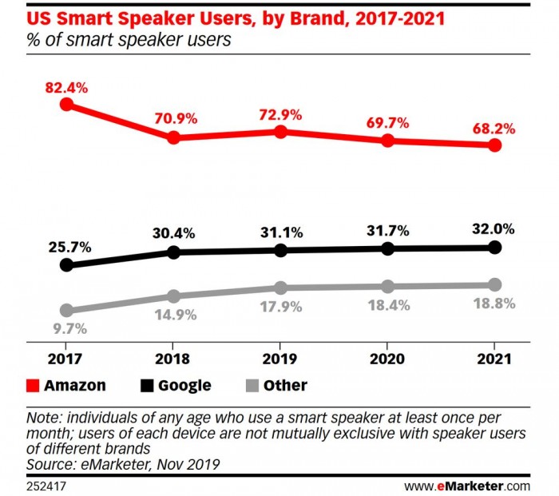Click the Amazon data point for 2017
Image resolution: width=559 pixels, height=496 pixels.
(66, 104)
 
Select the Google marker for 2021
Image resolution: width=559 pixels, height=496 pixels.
(494, 248)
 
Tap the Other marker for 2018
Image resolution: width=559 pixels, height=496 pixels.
(173, 296)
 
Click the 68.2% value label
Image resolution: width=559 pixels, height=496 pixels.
(493, 128)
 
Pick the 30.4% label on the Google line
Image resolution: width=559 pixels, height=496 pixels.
(172, 234)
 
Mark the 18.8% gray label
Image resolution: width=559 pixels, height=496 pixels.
(494, 304)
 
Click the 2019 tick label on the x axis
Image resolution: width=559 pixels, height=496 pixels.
(280, 357)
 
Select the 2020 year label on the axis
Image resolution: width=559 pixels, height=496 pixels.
(387, 357)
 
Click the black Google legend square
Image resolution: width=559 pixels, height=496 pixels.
(147, 386)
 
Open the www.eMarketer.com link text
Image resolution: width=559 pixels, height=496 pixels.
(467, 485)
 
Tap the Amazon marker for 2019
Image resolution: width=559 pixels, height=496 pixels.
(280, 132)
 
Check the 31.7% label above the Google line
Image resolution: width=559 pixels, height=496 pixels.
(387, 232)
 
